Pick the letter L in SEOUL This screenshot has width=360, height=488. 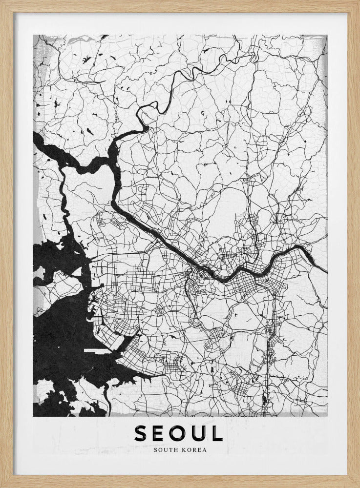[x=217, y=433]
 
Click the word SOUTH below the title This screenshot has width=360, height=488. [x=165, y=449]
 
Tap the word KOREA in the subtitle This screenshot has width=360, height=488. [x=194, y=449]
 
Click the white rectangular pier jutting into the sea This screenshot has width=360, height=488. [x=98, y=350]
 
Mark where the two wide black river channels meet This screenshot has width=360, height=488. [x=111, y=163]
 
